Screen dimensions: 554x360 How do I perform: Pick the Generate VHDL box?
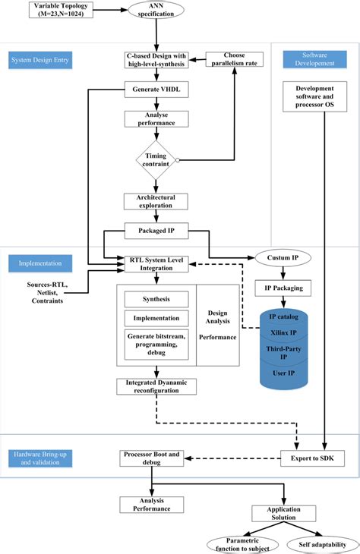(156, 90)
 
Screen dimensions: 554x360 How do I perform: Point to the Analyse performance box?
(156, 118)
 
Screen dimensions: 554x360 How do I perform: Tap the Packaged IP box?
(156, 228)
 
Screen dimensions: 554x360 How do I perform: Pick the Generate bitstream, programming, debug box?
(156, 343)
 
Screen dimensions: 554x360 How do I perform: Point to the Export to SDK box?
(311, 458)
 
